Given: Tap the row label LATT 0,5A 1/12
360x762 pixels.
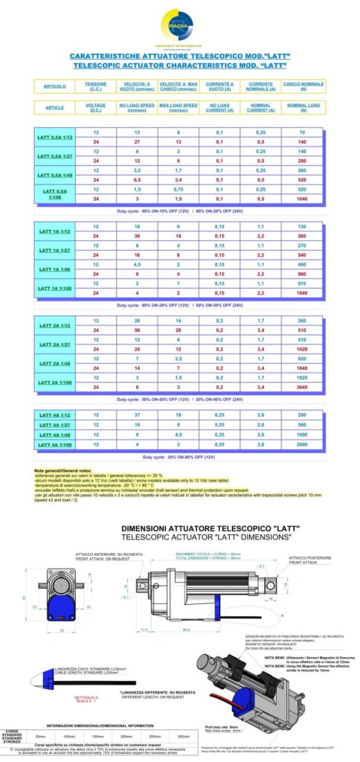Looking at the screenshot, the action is coord(55,137).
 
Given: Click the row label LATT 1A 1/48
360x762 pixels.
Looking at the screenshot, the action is coord(55,268).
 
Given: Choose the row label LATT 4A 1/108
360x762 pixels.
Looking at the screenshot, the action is coord(55,444).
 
